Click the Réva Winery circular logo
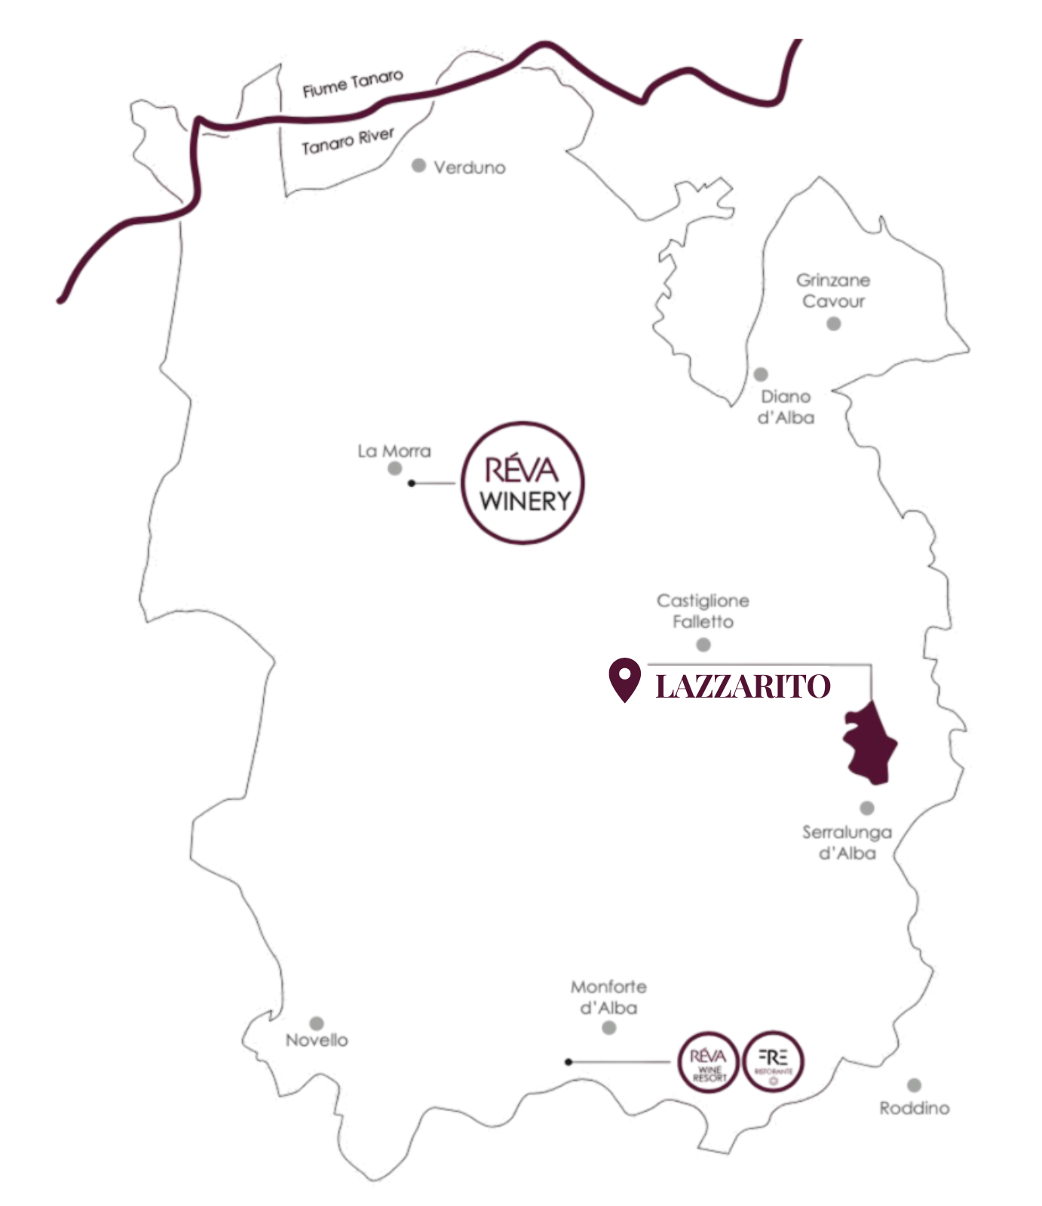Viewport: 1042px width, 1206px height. (523, 483)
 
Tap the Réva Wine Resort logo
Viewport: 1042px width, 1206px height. (707, 1061)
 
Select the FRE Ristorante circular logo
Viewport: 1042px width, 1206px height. (774, 1061)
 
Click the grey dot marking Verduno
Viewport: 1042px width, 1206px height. (419, 165)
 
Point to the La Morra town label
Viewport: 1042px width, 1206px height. (394, 451)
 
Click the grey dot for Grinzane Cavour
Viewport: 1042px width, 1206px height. (833, 324)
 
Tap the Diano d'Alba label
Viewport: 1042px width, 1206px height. (786, 407)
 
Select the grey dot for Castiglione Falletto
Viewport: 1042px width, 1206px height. (703, 645)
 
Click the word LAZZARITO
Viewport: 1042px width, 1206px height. (743, 686)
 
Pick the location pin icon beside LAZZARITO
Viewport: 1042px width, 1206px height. (624, 679)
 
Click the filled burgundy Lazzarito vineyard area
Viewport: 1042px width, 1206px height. (869, 743)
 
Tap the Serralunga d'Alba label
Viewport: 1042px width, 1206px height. (847, 842)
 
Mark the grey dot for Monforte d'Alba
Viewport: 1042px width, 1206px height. (609, 1028)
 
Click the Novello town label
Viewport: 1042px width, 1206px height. (317, 1040)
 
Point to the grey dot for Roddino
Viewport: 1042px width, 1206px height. (914, 1085)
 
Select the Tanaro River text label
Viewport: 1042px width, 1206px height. (348, 141)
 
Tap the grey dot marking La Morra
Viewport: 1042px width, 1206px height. (394, 468)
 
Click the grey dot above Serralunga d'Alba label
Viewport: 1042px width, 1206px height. (867, 808)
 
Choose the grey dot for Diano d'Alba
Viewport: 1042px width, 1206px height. (761, 374)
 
